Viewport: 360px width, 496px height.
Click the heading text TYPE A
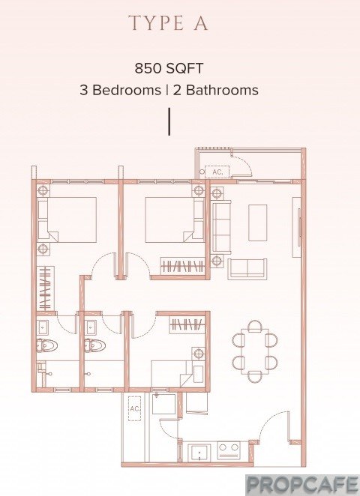click(169, 22)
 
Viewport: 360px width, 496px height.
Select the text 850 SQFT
click(169, 68)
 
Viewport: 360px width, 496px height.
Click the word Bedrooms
click(127, 90)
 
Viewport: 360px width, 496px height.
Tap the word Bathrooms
click(222, 90)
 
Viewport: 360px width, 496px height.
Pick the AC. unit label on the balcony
click(217, 172)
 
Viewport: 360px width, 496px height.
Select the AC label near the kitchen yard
click(134, 408)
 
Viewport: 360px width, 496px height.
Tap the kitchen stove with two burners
click(229, 451)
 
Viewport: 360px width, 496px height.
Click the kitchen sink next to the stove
click(199, 453)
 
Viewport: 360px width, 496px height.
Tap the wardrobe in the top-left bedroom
click(46, 288)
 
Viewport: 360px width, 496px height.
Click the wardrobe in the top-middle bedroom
click(183, 266)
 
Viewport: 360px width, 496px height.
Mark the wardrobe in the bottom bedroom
click(187, 325)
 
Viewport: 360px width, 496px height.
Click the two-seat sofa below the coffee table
click(247, 269)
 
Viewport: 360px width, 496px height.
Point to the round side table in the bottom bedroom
click(198, 353)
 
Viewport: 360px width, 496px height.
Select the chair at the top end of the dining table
click(255, 326)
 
